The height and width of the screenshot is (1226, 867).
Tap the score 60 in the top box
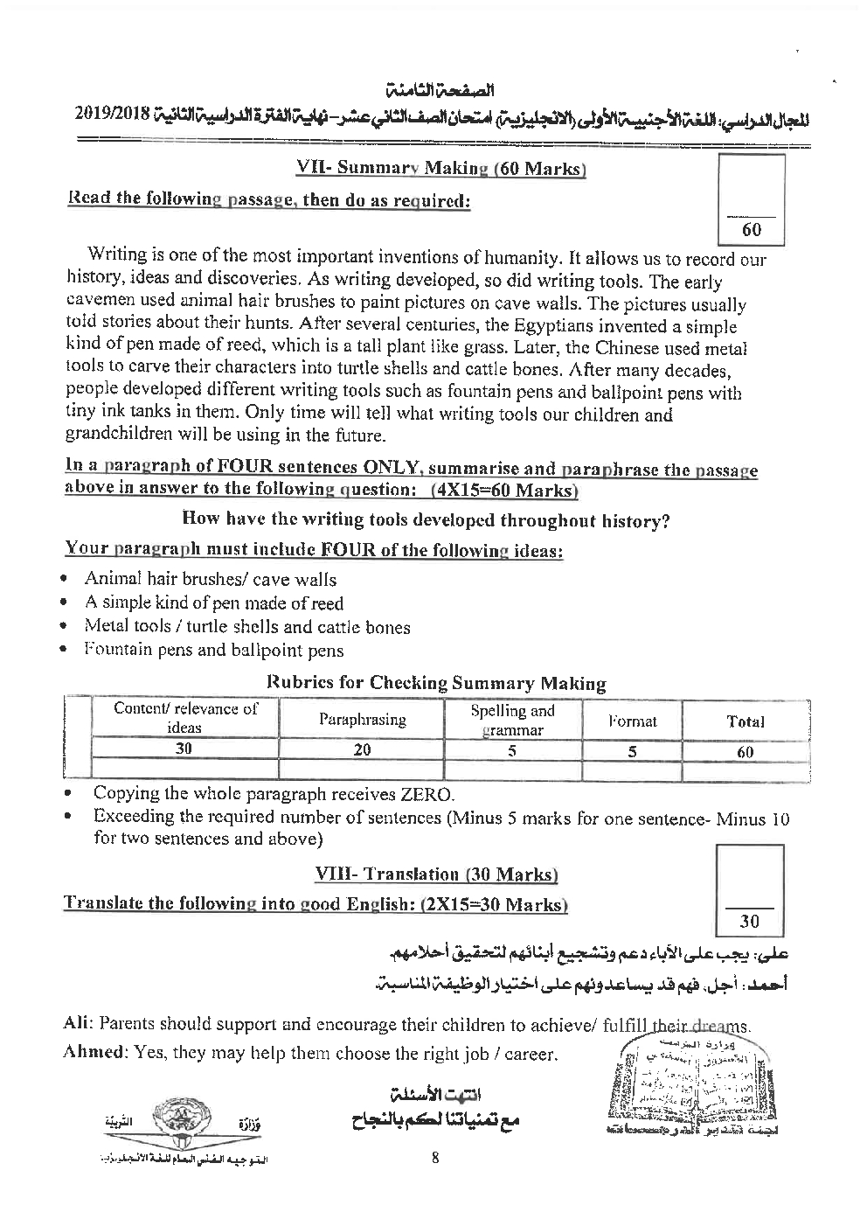click(x=751, y=230)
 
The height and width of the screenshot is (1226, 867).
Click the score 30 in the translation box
click(x=749, y=921)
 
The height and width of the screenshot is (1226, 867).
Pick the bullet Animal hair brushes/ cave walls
click(x=210, y=579)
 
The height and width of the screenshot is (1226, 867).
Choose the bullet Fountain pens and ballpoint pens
click(x=213, y=651)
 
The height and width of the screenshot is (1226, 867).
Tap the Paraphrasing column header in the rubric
click(x=362, y=720)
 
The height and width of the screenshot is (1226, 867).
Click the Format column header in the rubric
click(x=632, y=721)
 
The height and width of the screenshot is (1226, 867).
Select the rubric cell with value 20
click(x=362, y=749)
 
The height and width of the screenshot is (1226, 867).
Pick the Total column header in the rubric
click(x=745, y=721)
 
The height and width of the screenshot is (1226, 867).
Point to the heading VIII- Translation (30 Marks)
click(x=435, y=874)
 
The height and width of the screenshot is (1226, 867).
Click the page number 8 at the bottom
click(x=434, y=1160)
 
